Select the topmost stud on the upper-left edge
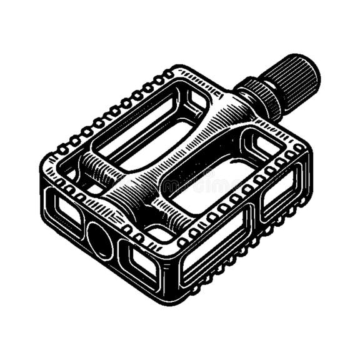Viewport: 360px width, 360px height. click(x=169, y=74)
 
